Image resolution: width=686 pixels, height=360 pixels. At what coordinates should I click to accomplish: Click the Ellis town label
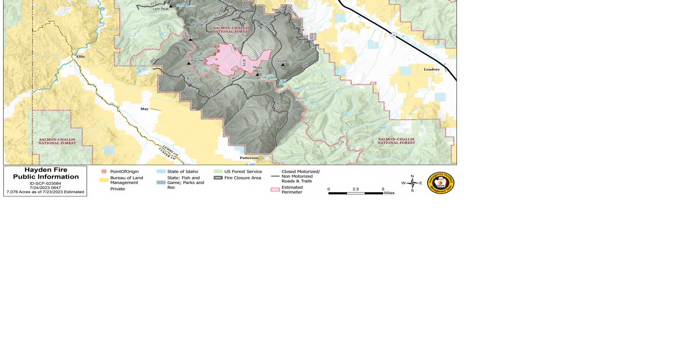point(80,57)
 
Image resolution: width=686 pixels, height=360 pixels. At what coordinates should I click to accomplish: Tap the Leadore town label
point(432,69)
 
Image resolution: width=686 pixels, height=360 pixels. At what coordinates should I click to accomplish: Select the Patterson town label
point(249,158)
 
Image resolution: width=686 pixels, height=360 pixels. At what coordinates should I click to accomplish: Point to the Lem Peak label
point(161,9)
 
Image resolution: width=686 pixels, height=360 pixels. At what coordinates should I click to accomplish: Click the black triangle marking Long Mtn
point(190,39)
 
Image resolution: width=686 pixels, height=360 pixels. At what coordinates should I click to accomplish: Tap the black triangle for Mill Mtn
point(283,65)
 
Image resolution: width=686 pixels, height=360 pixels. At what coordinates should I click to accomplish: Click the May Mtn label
point(198,61)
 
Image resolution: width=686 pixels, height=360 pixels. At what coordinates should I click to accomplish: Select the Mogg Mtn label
point(257,69)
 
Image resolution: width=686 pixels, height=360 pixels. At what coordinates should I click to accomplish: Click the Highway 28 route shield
point(394,35)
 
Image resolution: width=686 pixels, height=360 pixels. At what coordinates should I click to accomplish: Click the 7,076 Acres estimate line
point(45,192)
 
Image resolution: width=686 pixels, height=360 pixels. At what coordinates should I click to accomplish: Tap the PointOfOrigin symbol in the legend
point(104,172)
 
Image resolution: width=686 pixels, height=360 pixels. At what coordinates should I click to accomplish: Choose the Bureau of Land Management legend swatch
point(104,180)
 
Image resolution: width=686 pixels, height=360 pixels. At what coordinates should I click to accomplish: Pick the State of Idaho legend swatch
point(161,172)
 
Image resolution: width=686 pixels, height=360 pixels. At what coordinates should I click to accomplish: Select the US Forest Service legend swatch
point(218,172)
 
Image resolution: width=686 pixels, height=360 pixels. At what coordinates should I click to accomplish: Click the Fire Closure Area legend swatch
point(218,178)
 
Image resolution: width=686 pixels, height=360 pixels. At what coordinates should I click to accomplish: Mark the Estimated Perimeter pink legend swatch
point(275,190)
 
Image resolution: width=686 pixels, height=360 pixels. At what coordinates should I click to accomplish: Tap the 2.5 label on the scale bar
point(356,189)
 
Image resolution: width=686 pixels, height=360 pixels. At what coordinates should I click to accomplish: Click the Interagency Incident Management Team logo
point(441,183)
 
